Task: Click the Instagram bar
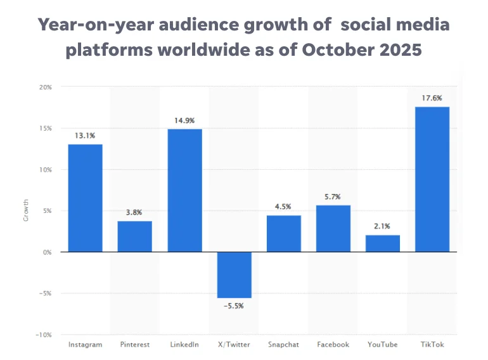coord(85,198)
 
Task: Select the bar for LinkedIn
coord(184,190)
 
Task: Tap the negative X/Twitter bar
coord(234,275)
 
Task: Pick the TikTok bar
coord(432,179)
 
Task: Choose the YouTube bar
coord(383,243)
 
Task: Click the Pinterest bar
coord(134,236)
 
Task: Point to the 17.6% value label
coord(432,98)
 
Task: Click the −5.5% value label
coord(234,305)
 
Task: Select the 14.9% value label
coord(184,120)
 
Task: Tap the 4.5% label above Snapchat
coord(283,207)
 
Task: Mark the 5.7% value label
coord(333,196)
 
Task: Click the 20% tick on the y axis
coord(45,87)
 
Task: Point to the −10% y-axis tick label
coord(43,335)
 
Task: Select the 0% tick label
coord(47,252)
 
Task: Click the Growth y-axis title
coord(26,211)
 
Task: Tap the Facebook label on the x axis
coord(333,345)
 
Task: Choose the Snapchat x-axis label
coord(283,345)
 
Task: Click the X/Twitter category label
coord(234,345)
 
